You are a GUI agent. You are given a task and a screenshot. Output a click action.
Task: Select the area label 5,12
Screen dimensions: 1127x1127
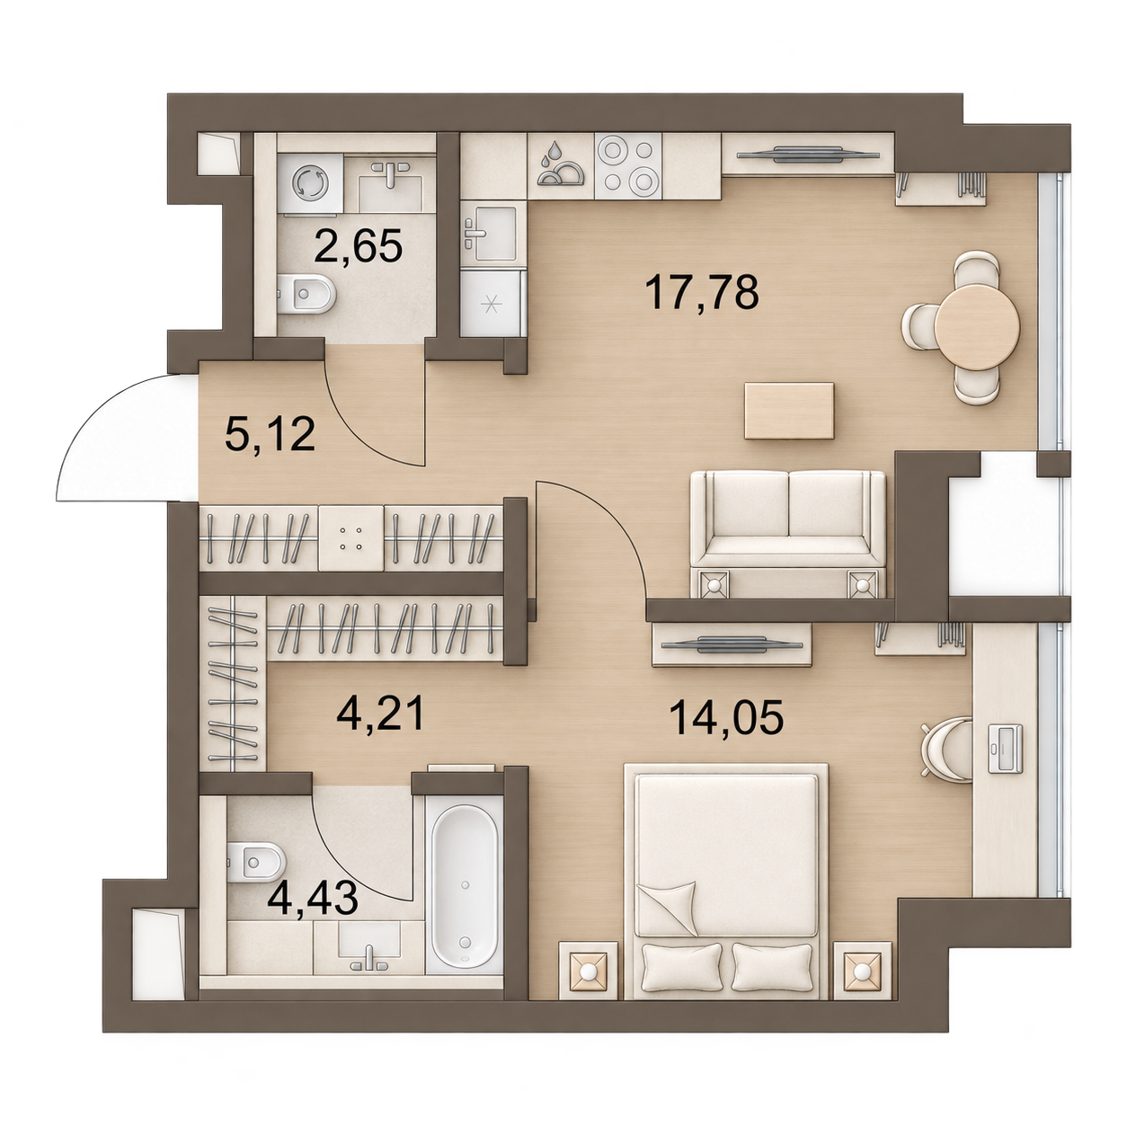271,434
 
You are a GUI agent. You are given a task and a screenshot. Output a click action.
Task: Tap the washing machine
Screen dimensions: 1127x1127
309,184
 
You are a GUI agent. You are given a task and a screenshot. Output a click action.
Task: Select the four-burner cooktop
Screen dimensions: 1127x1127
628,165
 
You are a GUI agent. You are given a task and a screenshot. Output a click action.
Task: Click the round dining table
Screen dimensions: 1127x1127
977,327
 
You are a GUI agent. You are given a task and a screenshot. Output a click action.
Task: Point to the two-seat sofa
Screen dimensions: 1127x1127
788,534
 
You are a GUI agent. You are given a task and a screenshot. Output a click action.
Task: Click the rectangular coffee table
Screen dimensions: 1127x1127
789,410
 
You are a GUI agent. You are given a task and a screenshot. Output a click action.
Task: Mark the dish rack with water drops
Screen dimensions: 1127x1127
561,166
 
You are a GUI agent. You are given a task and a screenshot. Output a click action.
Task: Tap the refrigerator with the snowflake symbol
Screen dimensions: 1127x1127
493,302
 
